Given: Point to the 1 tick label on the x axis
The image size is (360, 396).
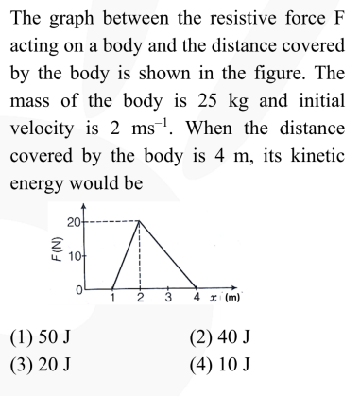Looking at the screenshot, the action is click(111, 299).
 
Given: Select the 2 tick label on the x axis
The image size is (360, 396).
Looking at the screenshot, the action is click(140, 299).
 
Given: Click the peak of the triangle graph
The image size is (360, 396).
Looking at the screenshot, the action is click(140, 221).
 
